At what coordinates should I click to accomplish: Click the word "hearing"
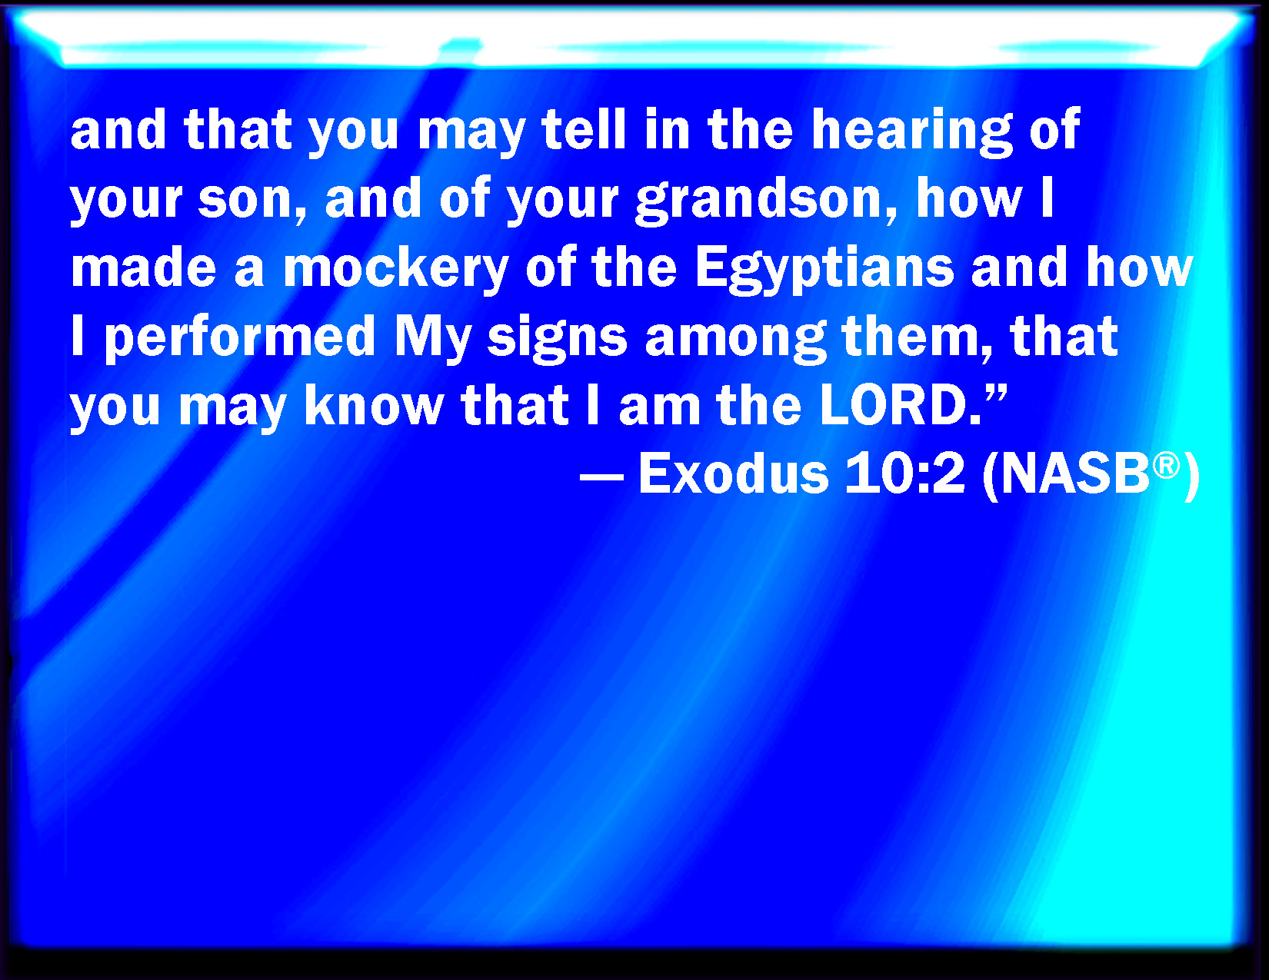(x=911, y=132)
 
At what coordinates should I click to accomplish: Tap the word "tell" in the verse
(x=584, y=128)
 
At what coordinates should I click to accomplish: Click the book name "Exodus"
(x=734, y=473)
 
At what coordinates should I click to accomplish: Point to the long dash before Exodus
(x=601, y=477)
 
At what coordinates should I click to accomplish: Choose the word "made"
(x=144, y=268)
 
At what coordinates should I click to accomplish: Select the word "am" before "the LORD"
(x=659, y=409)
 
